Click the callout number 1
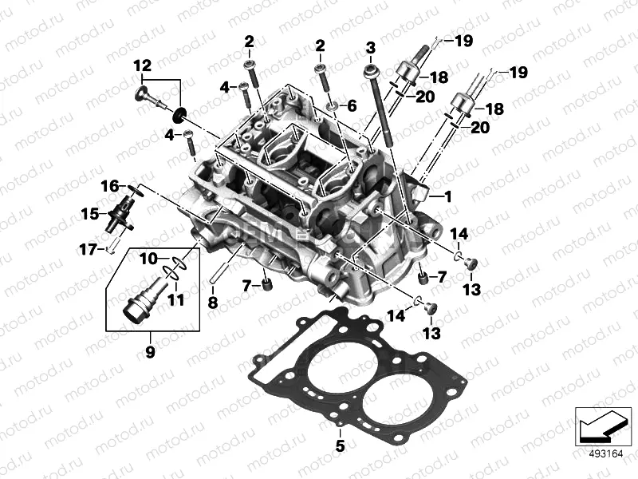click(x=447, y=196)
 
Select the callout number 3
click(x=369, y=49)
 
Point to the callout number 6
click(x=352, y=105)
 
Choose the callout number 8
click(x=212, y=303)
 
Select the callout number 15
click(x=91, y=213)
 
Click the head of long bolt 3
click(x=372, y=71)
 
